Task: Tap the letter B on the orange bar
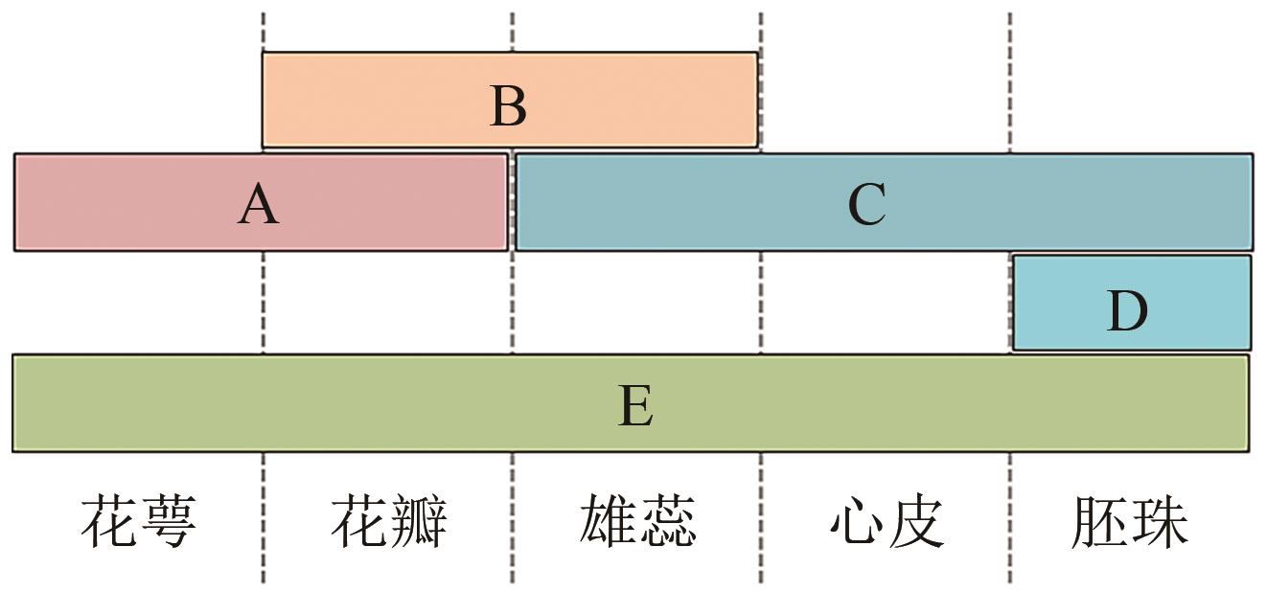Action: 508,106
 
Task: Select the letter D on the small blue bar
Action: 1127,311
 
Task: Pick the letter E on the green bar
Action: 635,406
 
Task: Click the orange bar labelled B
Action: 383,101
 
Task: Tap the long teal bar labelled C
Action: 1054,202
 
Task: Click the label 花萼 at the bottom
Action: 138,521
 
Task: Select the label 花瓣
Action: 388,521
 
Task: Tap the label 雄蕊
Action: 637,521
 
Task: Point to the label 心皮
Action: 887,521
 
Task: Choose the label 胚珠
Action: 1129,521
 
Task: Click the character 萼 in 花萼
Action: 168,521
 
